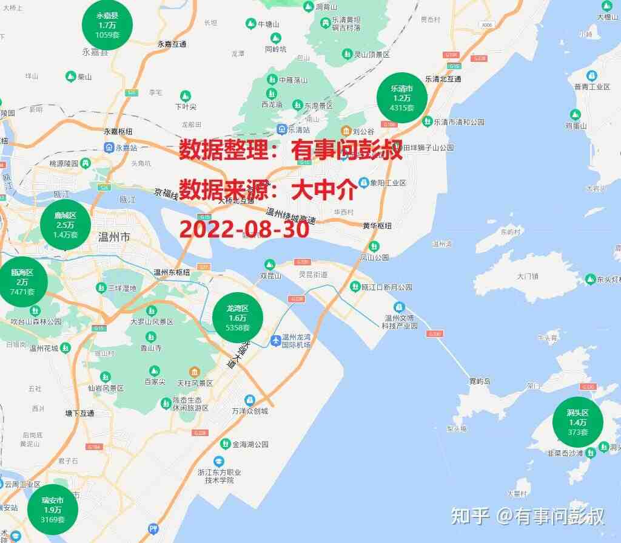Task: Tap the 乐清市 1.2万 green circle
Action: pyautogui.click(x=401, y=97)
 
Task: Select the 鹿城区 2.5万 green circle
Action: pyautogui.click(x=65, y=224)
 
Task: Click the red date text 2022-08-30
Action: pyautogui.click(x=244, y=229)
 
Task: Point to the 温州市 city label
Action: pyautogui.click(x=113, y=237)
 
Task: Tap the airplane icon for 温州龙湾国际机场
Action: pyautogui.click(x=277, y=339)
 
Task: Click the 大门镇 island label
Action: pyautogui.click(x=528, y=276)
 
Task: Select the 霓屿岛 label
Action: pyautogui.click(x=480, y=381)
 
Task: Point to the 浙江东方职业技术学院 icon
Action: pyautogui.click(x=219, y=462)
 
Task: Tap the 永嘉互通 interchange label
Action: pyautogui.click(x=172, y=44)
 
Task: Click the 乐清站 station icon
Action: pyautogui.click(x=282, y=129)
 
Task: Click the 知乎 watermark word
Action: pyautogui.click(x=470, y=516)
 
